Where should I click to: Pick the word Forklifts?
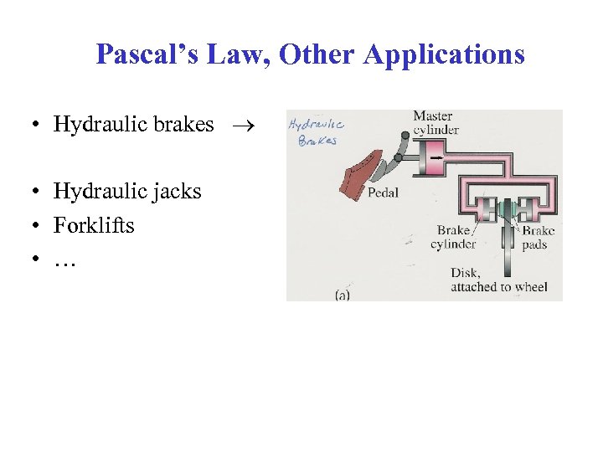pyautogui.click(x=94, y=226)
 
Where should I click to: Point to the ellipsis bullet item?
pyautogui.click(x=64, y=261)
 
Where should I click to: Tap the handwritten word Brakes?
pyautogui.click(x=317, y=141)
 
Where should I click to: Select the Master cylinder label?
pyautogui.click(x=435, y=122)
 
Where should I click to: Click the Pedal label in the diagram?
pyautogui.click(x=383, y=193)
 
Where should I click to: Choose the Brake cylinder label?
pyautogui.click(x=453, y=237)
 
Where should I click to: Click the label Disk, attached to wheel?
pyautogui.click(x=498, y=280)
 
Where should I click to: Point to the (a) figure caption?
pyautogui.click(x=342, y=294)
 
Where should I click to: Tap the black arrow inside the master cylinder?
pyautogui.click(x=436, y=155)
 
